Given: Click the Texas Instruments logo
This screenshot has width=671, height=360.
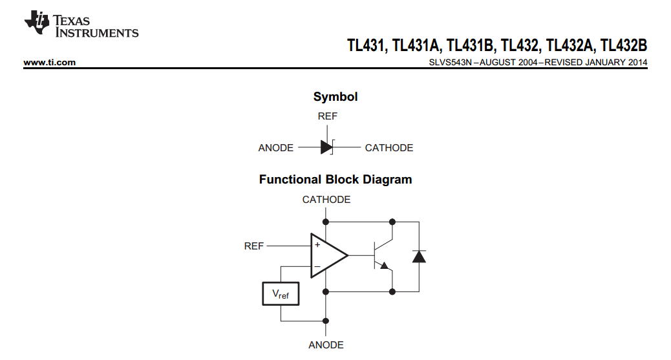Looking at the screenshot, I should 81,25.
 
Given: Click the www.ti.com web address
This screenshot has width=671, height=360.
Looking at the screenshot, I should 50,63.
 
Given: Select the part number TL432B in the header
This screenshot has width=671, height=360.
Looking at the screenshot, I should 623,45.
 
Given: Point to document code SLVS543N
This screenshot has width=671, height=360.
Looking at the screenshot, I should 451,63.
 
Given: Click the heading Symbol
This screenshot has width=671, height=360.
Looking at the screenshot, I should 335,97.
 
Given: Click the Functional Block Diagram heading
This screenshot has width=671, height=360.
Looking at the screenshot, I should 335,180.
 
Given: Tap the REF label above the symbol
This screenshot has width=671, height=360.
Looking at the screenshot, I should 328,116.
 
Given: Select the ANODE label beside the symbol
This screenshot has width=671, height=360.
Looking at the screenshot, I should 276,148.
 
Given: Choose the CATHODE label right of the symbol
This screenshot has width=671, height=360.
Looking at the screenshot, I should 389,148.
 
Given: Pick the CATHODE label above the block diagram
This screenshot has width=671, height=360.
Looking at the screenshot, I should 326,200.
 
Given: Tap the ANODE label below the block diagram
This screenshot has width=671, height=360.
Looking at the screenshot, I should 326,345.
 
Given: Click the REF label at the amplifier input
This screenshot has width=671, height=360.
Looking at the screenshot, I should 254,246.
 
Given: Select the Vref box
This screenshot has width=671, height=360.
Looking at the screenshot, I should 281,294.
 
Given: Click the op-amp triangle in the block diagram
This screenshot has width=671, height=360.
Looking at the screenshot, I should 327,255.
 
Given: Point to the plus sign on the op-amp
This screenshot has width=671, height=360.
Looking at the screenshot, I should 317,245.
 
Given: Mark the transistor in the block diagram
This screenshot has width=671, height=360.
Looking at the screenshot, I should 381,255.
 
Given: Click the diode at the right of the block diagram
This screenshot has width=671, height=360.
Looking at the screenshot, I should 419,256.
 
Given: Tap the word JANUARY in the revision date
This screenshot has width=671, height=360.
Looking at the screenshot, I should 599,63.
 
